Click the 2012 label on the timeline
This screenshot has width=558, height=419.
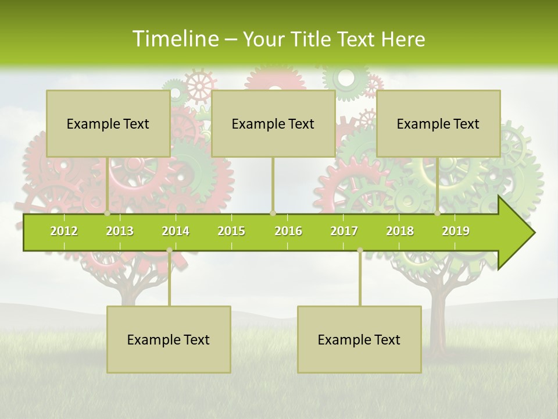point(64,231)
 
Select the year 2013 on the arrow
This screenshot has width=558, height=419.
point(120,231)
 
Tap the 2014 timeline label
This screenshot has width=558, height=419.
point(176,231)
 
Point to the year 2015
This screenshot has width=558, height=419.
point(231,231)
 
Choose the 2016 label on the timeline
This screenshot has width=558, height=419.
point(288,231)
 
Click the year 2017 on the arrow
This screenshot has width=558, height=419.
point(344,231)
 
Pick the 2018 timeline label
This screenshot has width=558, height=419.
point(400,231)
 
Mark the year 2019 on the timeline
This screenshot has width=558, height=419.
point(456,231)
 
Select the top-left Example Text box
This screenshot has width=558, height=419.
point(108,123)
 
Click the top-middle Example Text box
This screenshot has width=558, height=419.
point(273,123)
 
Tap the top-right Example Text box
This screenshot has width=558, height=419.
point(438,123)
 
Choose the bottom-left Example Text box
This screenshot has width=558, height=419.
point(169,339)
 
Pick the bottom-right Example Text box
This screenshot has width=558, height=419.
point(359,339)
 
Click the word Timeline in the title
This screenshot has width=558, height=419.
point(174,39)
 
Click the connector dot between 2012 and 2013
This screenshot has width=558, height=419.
point(108,213)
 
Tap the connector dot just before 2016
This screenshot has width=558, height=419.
point(273,213)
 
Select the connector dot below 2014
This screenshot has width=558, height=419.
point(169,250)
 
